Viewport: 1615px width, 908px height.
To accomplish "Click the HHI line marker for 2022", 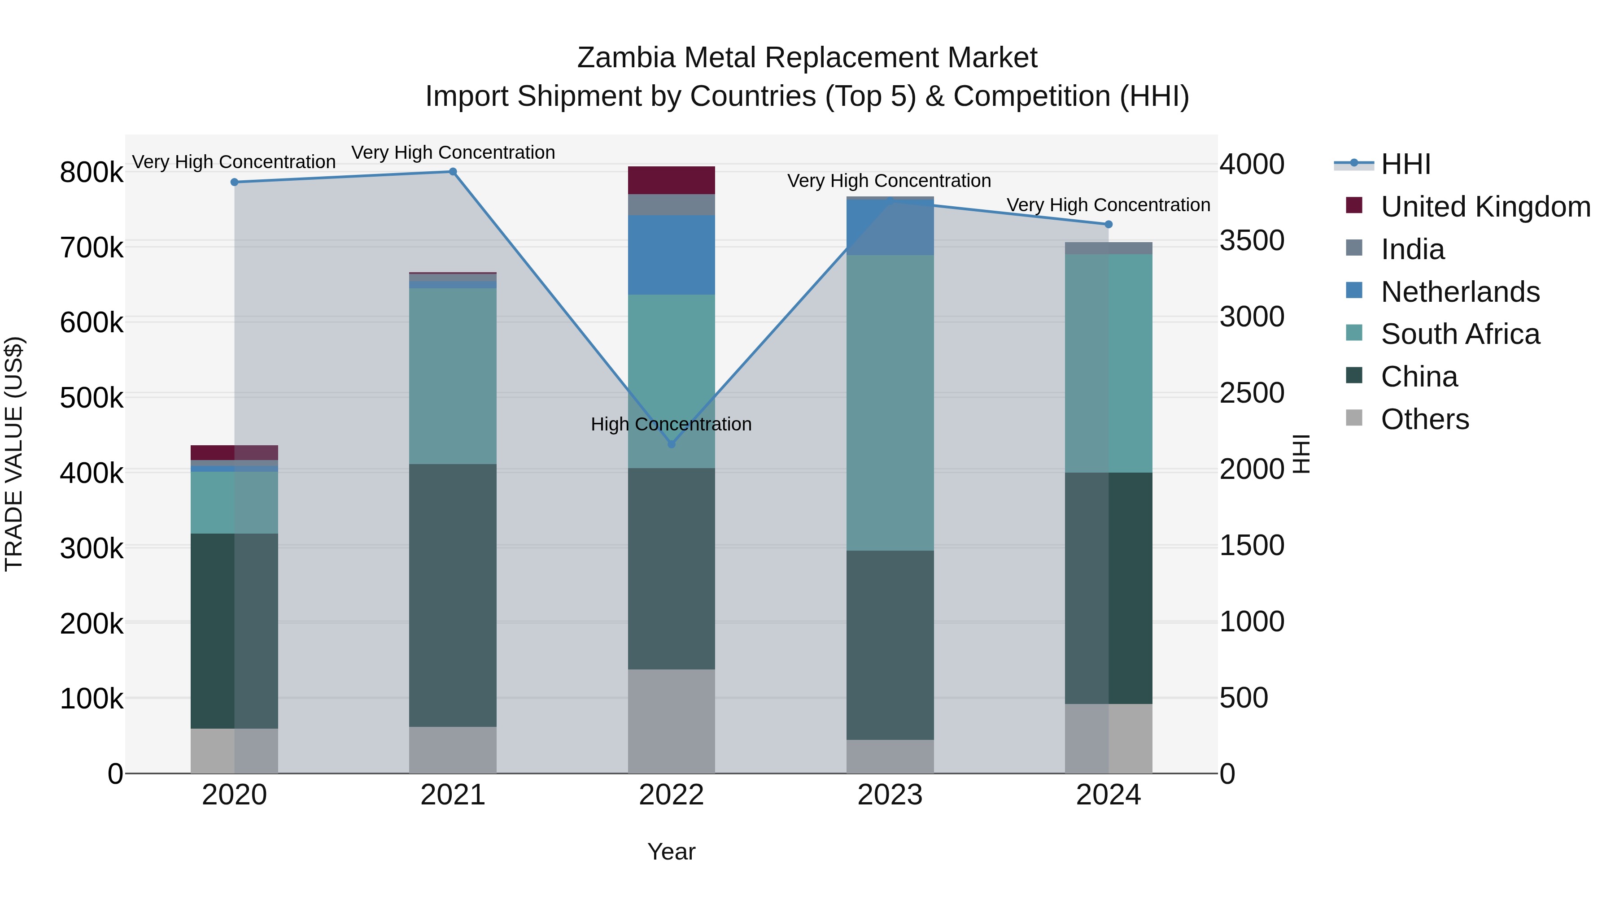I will coord(672,443).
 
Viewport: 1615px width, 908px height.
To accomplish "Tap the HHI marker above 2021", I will coord(453,172).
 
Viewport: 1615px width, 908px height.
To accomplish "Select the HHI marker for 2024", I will coord(1109,224).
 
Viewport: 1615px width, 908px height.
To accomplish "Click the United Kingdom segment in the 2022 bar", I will coord(672,180).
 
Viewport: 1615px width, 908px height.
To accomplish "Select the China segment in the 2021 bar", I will coord(453,595).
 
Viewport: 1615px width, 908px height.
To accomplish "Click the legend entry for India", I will coord(1413,249).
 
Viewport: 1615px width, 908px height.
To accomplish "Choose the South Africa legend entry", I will coord(1459,334).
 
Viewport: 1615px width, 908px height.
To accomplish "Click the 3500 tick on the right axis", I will coord(1251,241).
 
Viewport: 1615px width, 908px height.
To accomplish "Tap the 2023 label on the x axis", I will coord(890,795).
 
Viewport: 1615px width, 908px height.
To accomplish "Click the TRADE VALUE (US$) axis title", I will coord(14,454).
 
